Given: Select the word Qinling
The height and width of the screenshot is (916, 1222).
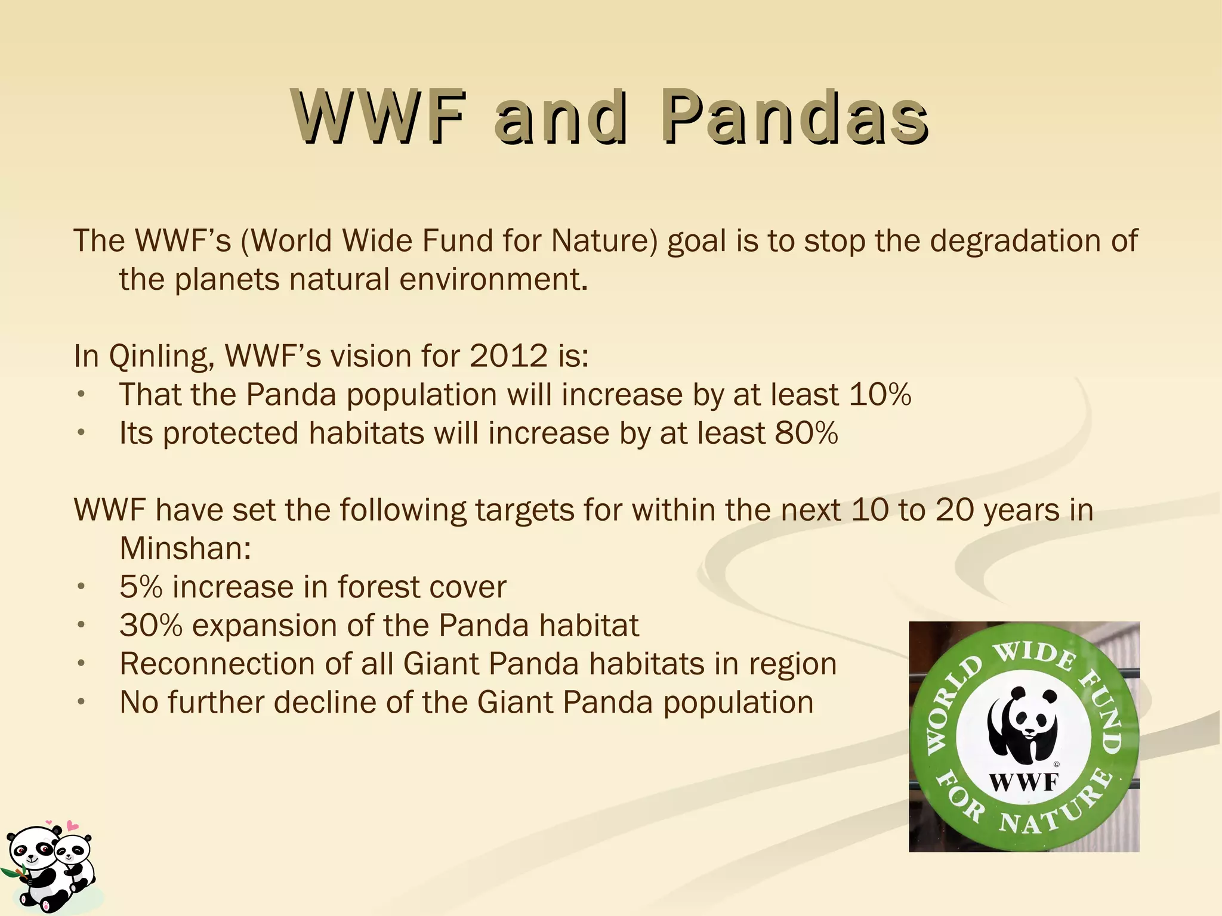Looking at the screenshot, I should click(158, 357).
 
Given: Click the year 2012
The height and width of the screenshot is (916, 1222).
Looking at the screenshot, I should click(508, 356).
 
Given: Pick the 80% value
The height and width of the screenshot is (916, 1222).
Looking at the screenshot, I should click(806, 433).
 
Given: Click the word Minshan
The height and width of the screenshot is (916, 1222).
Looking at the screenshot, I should click(184, 548).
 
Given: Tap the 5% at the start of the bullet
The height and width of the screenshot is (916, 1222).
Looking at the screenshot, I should click(141, 587).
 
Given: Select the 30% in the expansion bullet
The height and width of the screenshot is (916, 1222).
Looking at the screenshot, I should click(150, 626).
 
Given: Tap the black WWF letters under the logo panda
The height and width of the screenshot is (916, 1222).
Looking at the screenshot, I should click(1024, 781).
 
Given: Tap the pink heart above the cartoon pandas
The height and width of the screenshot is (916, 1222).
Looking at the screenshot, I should click(72, 826).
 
